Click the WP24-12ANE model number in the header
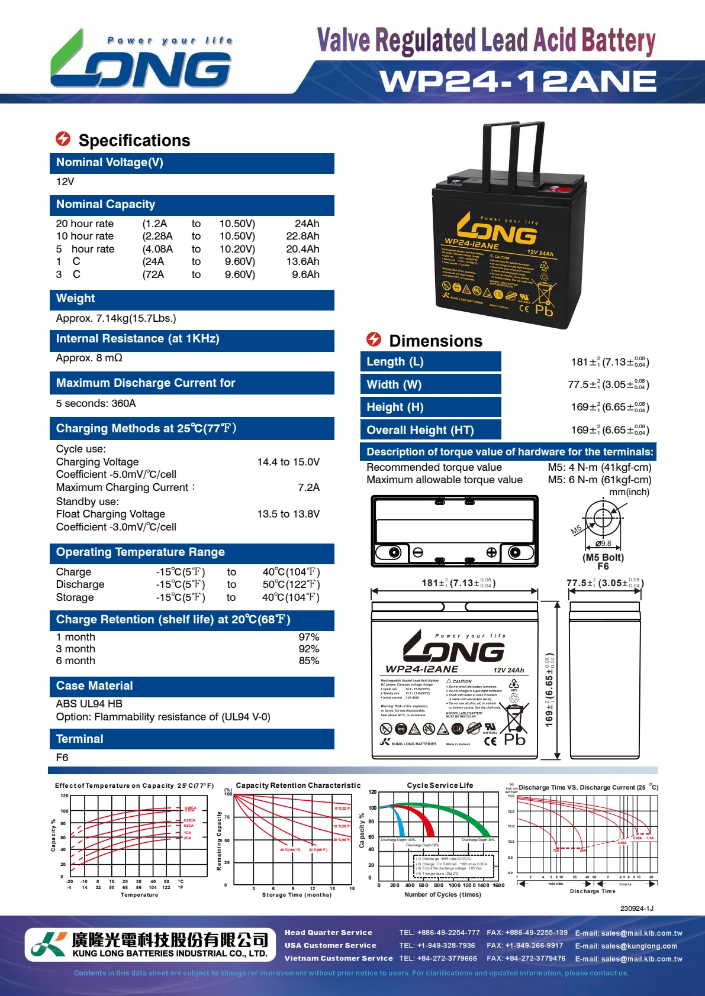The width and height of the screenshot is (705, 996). pyautogui.click(x=518, y=81)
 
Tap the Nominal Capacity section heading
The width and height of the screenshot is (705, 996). pyautogui.click(x=105, y=205)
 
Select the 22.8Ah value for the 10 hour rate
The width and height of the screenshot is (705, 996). pyautogui.click(x=302, y=236)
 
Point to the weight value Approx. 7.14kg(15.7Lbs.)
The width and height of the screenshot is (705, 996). pyautogui.click(x=116, y=318)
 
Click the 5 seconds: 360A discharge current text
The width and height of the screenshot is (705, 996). pyautogui.click(x=96, y=403)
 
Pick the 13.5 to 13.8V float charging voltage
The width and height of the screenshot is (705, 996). pyautogui.click(x=288, y=514)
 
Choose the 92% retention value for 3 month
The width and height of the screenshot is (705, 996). pyautogui.click(x=308, y=649)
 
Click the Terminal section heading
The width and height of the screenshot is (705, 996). pyautogui.click(x=79, y=739)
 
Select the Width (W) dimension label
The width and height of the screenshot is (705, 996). pyautogui.click(x=394, y=385)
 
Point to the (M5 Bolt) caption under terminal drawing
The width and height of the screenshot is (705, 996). pyautogui.click(x=603, y=557)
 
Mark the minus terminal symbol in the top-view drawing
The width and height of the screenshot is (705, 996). pyautogui.click(x=418, y=552)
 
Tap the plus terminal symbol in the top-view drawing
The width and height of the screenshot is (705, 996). pyautogui.click(x=491, y=552)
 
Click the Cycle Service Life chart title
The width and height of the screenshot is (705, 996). pyautogui.click(x=440, y=785)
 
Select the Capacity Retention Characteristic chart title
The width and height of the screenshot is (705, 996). pyautogui.click(x=298, y=785)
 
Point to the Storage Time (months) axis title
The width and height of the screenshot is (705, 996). pyautogui.click(x=297, y=895)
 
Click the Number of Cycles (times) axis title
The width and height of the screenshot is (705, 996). pyautogui.click(x=442, y=895)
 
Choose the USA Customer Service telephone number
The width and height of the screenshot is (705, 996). pyautogui.click(x=437, y=946)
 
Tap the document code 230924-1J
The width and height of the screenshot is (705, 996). pyautogui.click(x=636, y=908)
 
